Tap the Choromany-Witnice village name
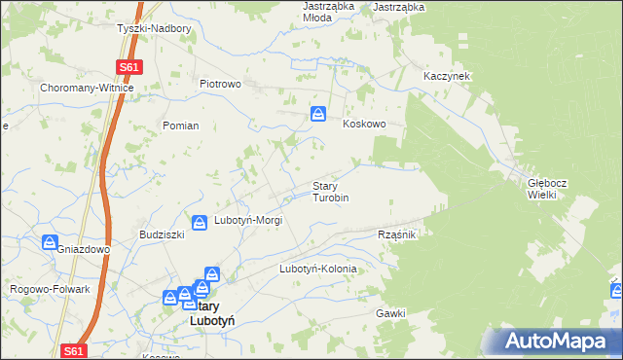[x=87, y=88]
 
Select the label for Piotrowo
[x=220, y=84]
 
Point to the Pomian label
[x=181, y=126]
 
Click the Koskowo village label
[x=365, y=125]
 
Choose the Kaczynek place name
[x=448, y=75]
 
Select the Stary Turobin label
[x=330, y=192]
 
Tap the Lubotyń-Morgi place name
[x=248, y=221]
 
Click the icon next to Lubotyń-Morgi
[x=200, y=223]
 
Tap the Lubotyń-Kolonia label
[x=318, y=269]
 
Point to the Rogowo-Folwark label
[x=50, y=289]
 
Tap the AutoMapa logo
[x=557, y=342]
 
